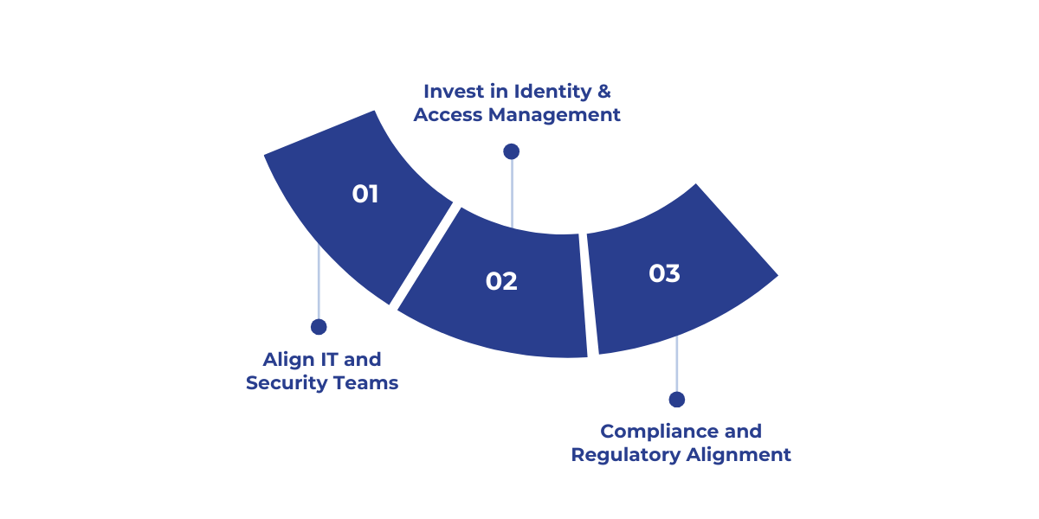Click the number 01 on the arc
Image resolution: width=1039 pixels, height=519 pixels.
[x=365, y=194]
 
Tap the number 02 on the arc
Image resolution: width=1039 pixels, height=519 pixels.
[x=501, y=281]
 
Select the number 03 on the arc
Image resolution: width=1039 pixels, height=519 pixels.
[x=664, y=273]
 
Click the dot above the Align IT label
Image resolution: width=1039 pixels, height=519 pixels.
[x=319, y=327]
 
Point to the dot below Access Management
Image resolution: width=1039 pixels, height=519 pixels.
[x=511, y=151]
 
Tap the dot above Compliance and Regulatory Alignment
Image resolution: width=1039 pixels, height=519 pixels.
[x=677, y=400]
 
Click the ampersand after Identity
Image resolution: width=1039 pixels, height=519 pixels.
[x=604, y=91]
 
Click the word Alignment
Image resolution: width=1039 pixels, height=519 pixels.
[x=739, y=454]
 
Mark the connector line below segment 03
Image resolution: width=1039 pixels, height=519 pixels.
[x=677, y=368]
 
